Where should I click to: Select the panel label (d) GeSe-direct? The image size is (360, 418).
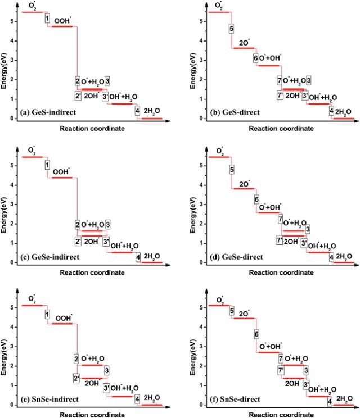pos(228,256)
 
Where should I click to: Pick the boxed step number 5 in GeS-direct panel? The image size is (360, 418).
pos(231,28)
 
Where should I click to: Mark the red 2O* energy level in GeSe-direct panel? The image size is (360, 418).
pos(244,189)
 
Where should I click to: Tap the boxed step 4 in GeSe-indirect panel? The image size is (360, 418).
pos(138,257)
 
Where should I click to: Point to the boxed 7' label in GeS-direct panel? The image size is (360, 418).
pos(280,95)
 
